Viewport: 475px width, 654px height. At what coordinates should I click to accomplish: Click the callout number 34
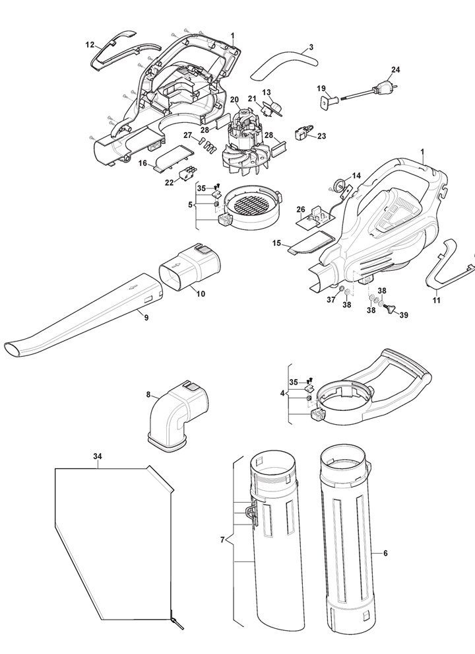point(98,456)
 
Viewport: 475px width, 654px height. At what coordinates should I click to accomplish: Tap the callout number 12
point(90,45)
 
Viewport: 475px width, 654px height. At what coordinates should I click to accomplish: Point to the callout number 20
point(234,99)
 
